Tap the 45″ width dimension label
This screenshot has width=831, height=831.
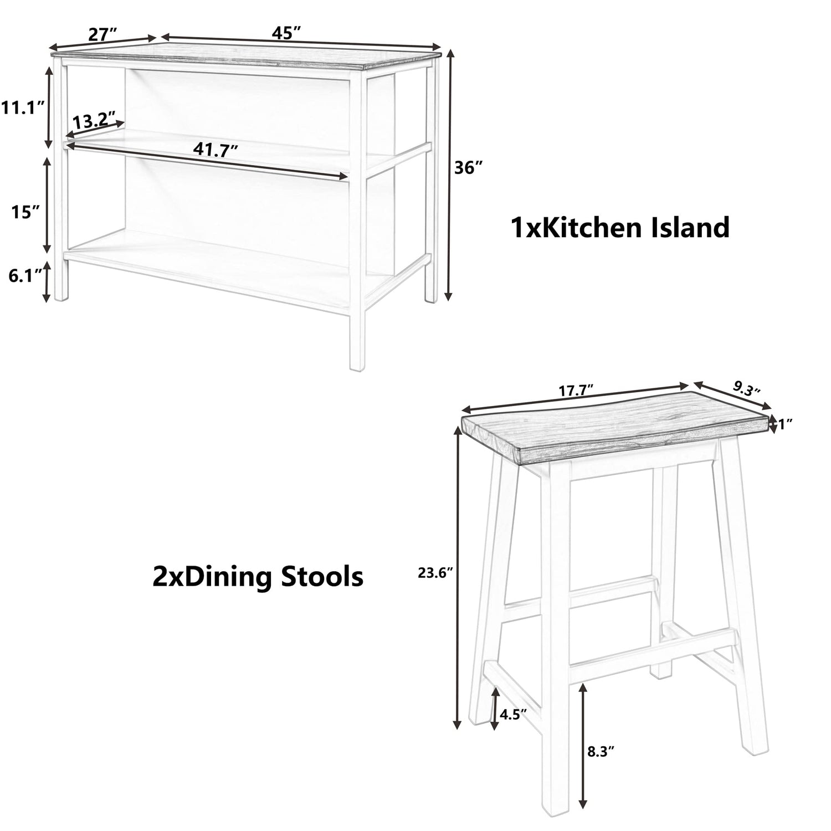286,33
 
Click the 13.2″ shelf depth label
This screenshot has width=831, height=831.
94,120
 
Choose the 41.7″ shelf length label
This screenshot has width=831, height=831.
216,150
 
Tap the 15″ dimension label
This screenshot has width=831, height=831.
25,211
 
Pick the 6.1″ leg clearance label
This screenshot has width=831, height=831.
25,275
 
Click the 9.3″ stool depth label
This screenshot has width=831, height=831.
746,387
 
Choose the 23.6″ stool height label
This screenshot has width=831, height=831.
436,574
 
